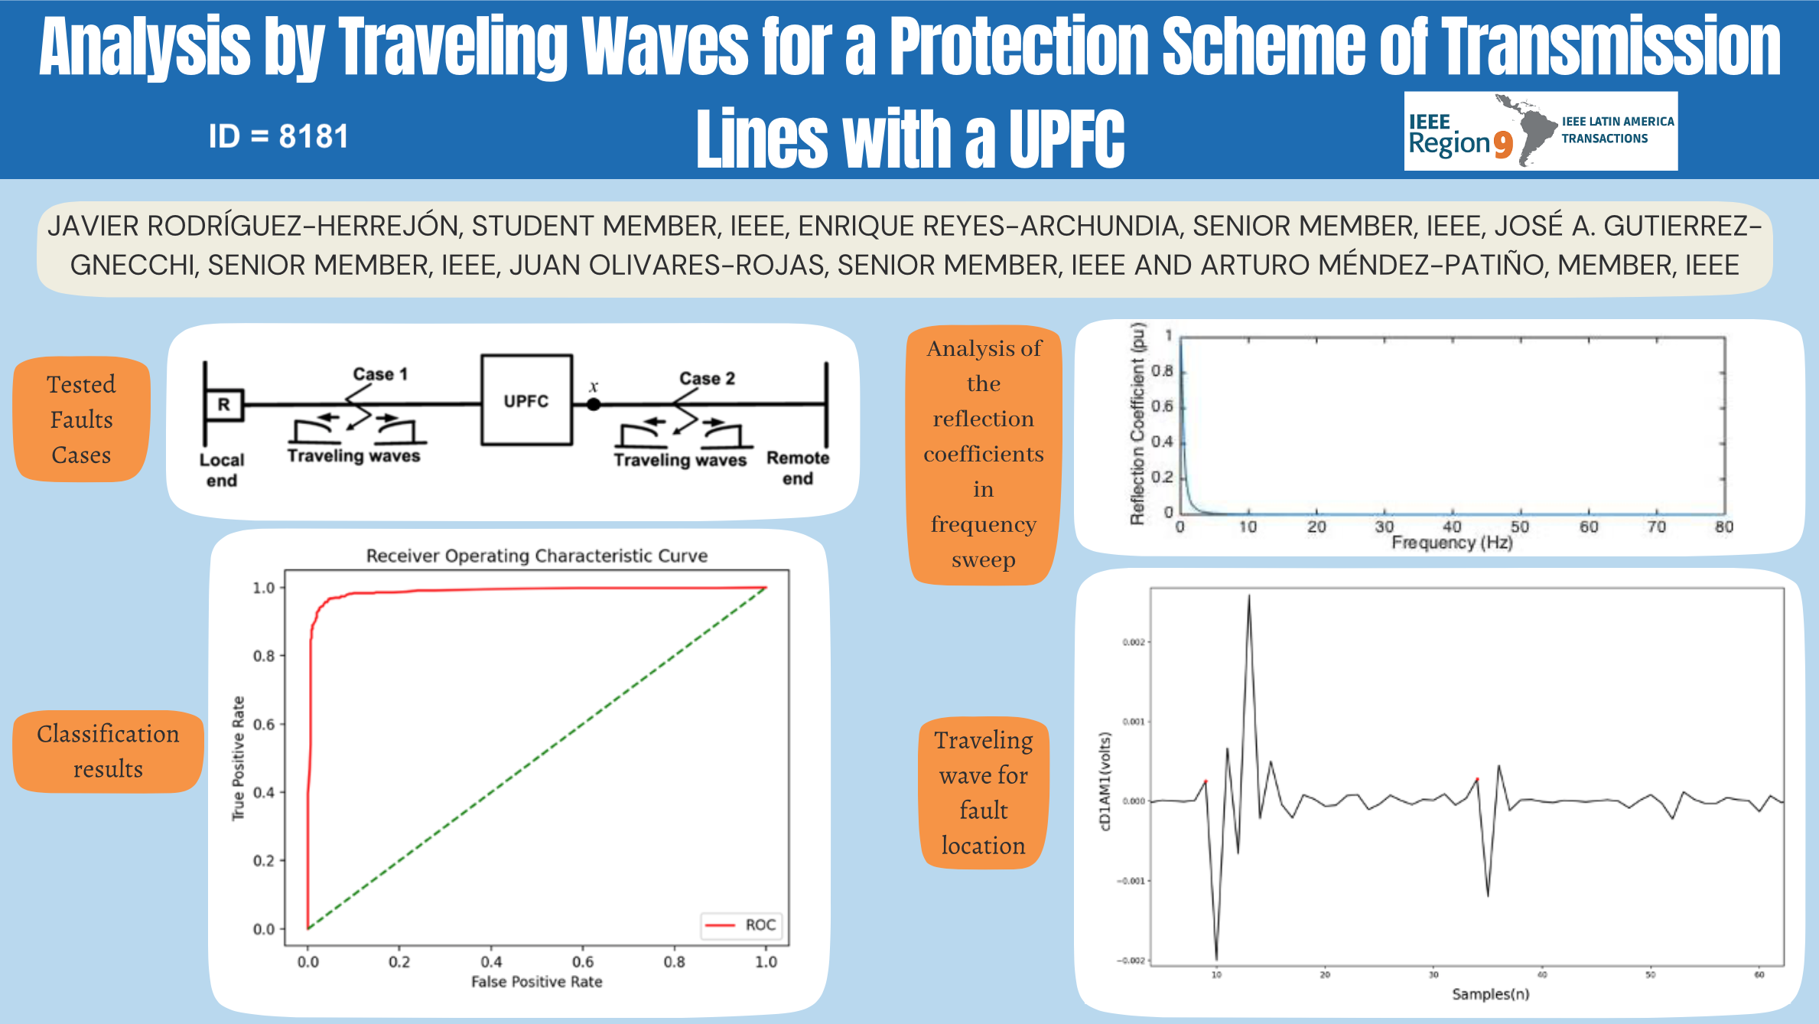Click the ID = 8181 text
[x=278, y=137]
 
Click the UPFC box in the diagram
[x=526, y=400]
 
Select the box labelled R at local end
[x=224, y=404]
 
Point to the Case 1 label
[x=380, y=374]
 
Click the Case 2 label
[x=707, y=378]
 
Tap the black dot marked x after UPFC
[x=594, y=405]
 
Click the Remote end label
[x=798, y=468]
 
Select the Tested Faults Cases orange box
[x=82, y=419]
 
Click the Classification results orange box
[x=108, y=751]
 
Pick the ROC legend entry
[x=740, y=925]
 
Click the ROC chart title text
[x=536, y=556]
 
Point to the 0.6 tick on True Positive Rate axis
[x=264, y=724]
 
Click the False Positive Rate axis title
[x=536, y=981]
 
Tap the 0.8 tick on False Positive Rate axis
[x=674, y=962]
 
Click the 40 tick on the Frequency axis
[x=1452, y=527]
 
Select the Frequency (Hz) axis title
[x=1452, y=543]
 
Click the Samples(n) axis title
[x=1490, y=994]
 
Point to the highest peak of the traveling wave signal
[x=1249, y=597]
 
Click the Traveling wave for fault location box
[x=984, y=793]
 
